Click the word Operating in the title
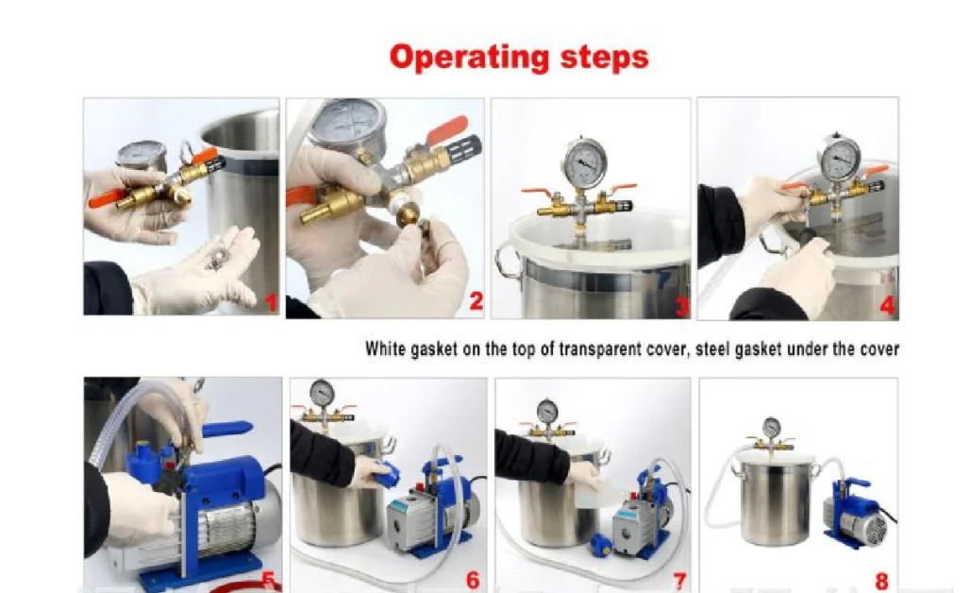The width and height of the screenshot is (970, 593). tap(470, 57)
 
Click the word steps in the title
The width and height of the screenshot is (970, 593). tap(605, 57)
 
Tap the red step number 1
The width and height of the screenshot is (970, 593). tap(271, 302)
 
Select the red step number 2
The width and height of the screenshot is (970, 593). tap(476, 301)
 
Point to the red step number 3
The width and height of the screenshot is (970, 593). tap(681, 306)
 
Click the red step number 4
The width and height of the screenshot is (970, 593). tap(888, 305)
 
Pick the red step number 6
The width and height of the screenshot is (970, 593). tap(473, 580)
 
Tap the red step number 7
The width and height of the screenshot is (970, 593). tap(680, 581)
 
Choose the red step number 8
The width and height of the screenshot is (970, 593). tap(881, 582)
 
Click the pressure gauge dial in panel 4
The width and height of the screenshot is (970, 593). tap(839, 159)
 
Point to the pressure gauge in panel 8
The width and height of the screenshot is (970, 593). tap(772, 427)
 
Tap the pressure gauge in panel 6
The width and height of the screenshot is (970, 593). tap(322, 392)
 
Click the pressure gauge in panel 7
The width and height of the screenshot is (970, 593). tap(547, 411)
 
